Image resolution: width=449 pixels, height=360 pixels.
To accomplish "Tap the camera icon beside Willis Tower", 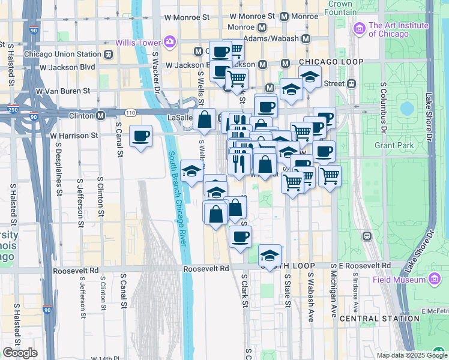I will [170, 41].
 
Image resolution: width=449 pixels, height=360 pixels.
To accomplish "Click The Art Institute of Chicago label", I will [399, 29].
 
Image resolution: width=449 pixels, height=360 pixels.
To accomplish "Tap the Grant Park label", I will [395, 145].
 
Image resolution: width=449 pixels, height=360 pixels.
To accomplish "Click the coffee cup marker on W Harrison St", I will [140, 137].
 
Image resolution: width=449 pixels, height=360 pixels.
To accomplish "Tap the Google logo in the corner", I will [20, 352].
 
